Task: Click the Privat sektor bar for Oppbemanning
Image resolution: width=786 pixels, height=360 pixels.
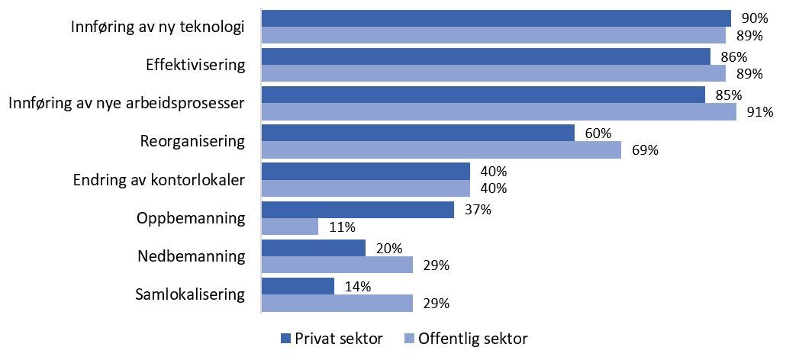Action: coord(358,210)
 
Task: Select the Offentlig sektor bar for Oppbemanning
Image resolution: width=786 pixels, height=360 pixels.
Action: coord(290,227)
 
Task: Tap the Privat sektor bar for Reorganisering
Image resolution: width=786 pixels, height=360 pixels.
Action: coord(417,133)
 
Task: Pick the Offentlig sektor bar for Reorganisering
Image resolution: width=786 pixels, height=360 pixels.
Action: coord(441,150)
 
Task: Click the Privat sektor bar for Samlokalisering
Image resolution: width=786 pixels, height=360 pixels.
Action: coord(298,286)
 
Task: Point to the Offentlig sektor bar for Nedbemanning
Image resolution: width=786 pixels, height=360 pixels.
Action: coord(337,265)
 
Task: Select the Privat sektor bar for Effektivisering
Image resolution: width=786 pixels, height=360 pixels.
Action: coord(485,56)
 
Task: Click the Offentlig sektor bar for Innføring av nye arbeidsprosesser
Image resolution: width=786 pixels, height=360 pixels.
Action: coord(498,112)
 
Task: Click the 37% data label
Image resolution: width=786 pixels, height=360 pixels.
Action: coord(478,210)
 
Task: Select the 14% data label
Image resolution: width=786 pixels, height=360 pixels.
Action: coord(358,286)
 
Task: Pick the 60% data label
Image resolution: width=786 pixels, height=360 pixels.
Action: coord(598,133)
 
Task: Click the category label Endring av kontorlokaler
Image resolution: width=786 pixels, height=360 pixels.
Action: coord(159,181)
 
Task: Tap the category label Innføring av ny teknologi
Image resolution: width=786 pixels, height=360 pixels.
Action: coord(157,27)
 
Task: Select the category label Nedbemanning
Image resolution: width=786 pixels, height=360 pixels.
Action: coord(191,256)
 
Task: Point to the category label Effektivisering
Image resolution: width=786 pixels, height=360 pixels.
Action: coord(195,65)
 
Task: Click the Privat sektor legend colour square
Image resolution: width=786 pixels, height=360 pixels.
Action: coord(287,338)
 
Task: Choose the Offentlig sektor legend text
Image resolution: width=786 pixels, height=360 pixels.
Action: coord(473,338)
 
